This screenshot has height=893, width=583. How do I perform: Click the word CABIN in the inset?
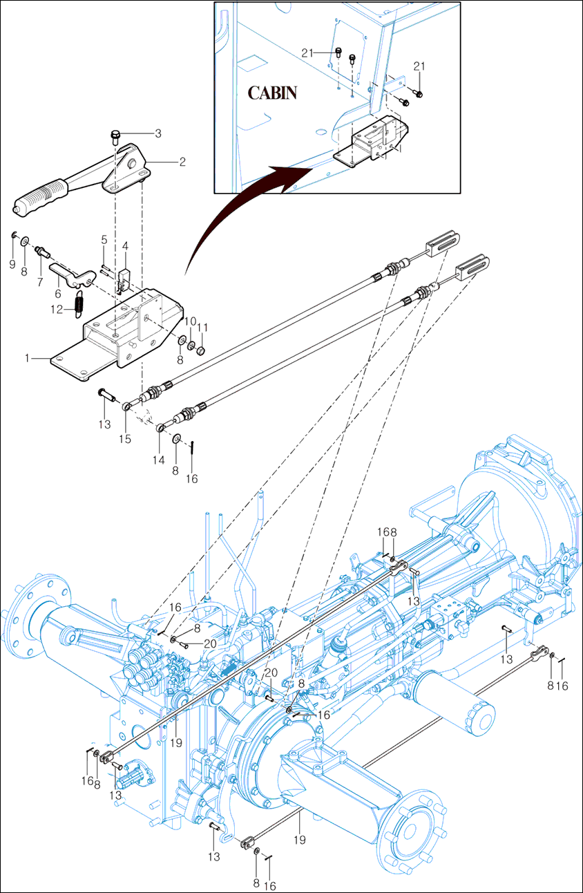273,93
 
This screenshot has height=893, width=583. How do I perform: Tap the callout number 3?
157,133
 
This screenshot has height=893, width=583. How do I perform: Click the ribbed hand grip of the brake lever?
42,194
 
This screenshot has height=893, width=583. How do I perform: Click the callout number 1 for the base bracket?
28,358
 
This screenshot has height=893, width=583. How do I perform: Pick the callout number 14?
160,460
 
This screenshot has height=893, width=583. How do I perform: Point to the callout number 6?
59,293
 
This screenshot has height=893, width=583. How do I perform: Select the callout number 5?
104,240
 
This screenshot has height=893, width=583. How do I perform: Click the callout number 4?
125,245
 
